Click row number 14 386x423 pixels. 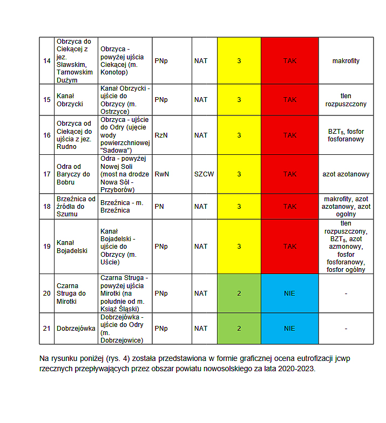tap(47, 61)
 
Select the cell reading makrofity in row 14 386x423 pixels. tap(346, 61)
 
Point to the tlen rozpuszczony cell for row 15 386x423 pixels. tap(346, 99)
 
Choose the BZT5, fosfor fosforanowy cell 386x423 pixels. tap(346, 135)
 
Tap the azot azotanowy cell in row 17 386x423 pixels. tap(346, 174)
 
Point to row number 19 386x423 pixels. tap(47, 246)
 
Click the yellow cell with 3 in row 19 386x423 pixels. tap(239, 246)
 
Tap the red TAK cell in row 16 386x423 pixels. tap(290, 135)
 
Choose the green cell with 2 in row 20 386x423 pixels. tap(239, 294)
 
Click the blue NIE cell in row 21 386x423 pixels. tap(290, 328)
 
